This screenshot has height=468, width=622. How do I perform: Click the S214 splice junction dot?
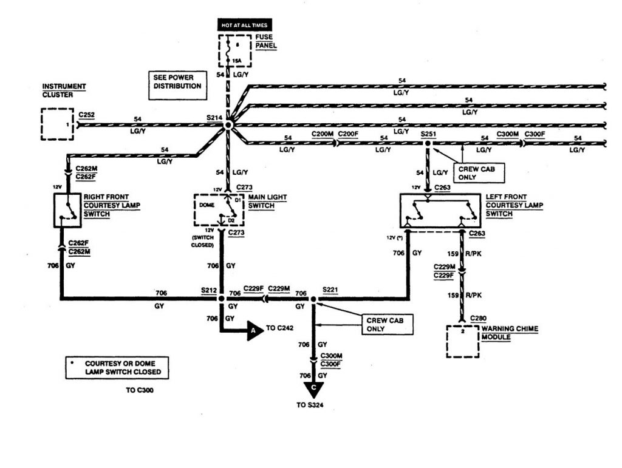[228, 125]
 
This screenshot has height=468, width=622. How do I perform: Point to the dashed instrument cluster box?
[57, 124]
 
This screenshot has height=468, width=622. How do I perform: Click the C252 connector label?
[87, 114]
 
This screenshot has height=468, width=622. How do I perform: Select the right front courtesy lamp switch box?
[67, 211]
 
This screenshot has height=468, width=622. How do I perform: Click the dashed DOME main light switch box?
[218, 210]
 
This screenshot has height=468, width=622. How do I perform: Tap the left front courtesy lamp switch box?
[440, 210]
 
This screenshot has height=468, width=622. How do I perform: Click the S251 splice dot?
[427, 144]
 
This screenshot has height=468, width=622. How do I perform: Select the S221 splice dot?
[313, 299]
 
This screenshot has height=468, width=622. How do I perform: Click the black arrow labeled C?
[314, 388]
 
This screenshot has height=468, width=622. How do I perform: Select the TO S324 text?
[314, 405]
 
